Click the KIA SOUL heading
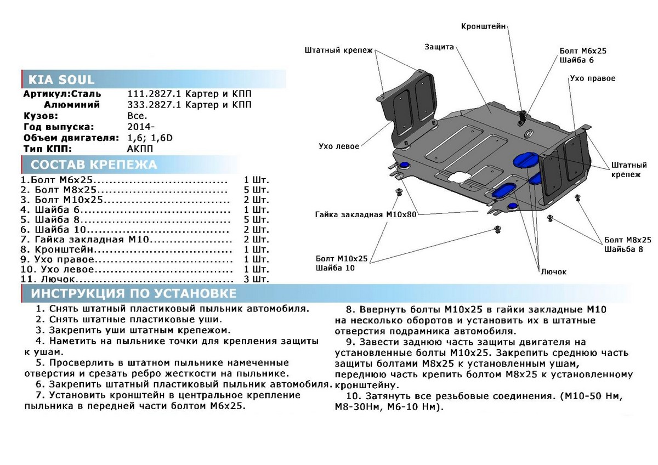(x=58, y=80)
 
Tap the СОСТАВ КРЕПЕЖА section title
(x=93, y=165)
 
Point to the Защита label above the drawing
(x=439, y=47)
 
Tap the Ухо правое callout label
(x=592, y=78)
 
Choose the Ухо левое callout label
(x=339, y=146)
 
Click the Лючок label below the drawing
(x=553, y=271)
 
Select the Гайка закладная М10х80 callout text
(x=366, y=214)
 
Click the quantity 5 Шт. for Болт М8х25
(x=257, y=190)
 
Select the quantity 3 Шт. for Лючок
(x=257, y=279)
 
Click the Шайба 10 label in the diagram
(x=335, y=268)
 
